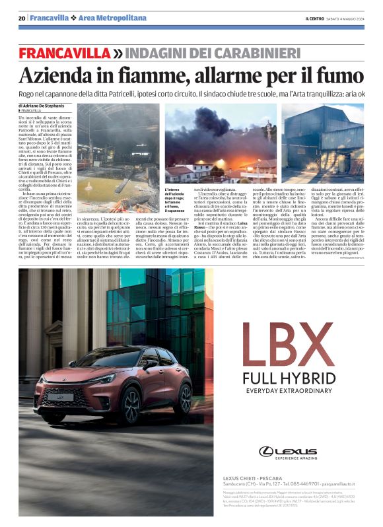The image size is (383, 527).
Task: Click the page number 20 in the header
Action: [x=22, y=18]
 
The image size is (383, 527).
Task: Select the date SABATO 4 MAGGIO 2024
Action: [x=345, y=18]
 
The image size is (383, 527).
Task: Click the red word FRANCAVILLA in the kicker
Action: [x=63, y=52]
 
